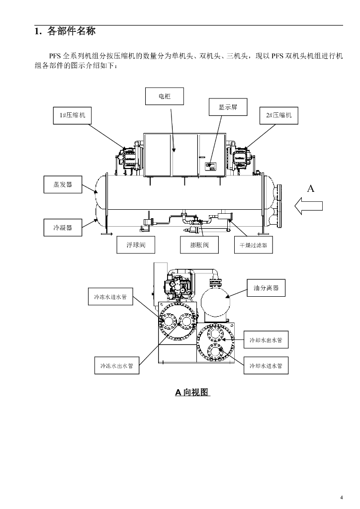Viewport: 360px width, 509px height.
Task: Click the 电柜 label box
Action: pyautogui.click(x=164, y=96)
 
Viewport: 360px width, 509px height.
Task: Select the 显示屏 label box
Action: pyautogui.click(x=228, y=107)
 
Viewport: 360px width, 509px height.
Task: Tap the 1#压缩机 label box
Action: pyautogui.click(x=73, y=115)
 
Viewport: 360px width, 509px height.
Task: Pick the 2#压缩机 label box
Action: pyautogui.click(x=279, y=115)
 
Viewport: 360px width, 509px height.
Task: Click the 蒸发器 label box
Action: pyautogui.click(x=63, y=184)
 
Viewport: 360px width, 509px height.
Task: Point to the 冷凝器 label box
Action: pyautogui.click(x=63, y=228)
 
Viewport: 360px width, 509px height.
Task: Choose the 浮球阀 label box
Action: pyautogui.click(x=136, y=245)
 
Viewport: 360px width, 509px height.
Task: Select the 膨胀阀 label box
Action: pyautogui.click(x=199, y=245)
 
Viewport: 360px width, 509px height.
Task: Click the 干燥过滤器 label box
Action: pyautogui.click(x=254, y=245)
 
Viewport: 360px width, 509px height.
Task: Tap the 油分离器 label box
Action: pyautogui.click(x=266, y=288)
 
